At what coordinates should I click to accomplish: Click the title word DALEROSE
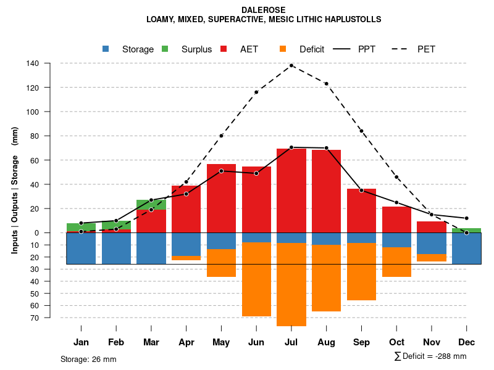pyautogui.click(x=264, y=10)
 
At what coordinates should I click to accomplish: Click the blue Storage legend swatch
pyautogui.click(x=106, y=49)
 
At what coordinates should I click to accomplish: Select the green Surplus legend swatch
pyautogui.click(x=165, y=49)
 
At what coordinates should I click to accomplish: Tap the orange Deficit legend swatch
pyautogui.click(x=283, y=49)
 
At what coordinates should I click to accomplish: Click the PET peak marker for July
pyautogui.click(x=291, y=65)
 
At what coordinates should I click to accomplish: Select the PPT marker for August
pyautogui.click(x=327, y=148)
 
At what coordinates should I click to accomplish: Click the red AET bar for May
pyautogui.click(x=221, y=198)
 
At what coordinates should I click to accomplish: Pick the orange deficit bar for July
pyautogui.click(x=291, y=284)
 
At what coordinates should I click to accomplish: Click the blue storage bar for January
pyautogui.click(x=81, y=249)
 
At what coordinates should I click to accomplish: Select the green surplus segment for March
pyautogui.click(x=151, y=205)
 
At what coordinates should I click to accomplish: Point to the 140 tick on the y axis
pyautogui.click(x=33, y=64)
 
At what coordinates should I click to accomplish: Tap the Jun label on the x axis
pyautogui.click(x=256, y=342)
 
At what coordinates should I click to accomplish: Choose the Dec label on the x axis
pyautogui.click(x=467, y=342)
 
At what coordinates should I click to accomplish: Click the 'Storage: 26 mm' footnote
pyautogui.click(x=88, y=359)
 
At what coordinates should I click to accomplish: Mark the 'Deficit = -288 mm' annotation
pyautogui.click(x=430, y=356)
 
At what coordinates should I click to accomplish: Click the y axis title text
pyautogui.click(x=15, y=190)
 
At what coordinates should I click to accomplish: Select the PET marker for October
pyautogui.click(x=396, y=178)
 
